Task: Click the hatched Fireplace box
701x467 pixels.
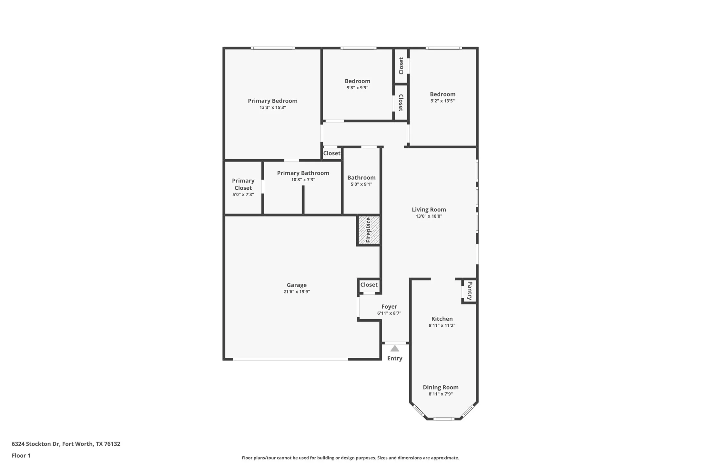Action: (369, 230)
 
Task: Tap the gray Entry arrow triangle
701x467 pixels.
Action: (395, 349)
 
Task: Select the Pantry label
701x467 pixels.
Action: (470, 291)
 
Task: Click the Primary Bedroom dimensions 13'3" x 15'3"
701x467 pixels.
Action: (273, 107)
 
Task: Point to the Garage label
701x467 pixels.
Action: (297, 285)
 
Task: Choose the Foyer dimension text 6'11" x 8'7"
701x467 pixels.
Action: (389, 313)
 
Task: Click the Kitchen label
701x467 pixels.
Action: (442, 319)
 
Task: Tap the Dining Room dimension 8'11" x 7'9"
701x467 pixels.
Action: (441, 394)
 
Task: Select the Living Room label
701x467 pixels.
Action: (429, 209)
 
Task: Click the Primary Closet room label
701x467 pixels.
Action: (243, 184)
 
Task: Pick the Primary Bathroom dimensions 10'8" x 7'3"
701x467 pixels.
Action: (303, 180)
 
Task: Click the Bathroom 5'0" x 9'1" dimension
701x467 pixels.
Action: (361, 184)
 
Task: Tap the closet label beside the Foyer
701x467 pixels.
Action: (369, 284)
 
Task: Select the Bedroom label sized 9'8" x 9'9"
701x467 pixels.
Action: (357, 81)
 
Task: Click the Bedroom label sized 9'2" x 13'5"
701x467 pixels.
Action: (442, 94)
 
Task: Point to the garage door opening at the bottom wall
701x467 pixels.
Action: (290, 359)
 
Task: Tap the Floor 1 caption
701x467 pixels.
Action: (21, 455)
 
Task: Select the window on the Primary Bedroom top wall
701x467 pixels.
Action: (273, 48)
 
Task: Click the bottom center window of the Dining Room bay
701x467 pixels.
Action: (444, 419)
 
